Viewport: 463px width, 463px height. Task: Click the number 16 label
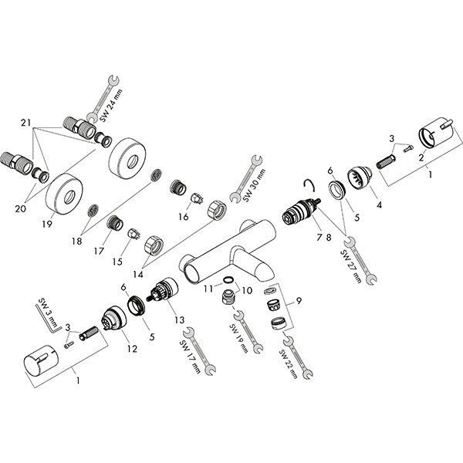tap(183, 217)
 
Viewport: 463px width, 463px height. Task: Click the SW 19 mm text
tap(238, 337)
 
